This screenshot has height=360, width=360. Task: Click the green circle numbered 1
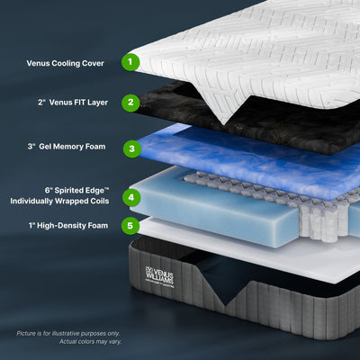click(x=131, y=62)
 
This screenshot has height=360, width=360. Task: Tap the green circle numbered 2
click(x=131, y=102)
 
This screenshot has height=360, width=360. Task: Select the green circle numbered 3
click(x=131, y=148)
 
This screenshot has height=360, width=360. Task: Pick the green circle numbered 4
click(x=131, y=196)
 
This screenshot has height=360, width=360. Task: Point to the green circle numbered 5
click(x=131, y=226)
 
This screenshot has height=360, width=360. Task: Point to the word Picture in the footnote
click(x=30, y=334)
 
